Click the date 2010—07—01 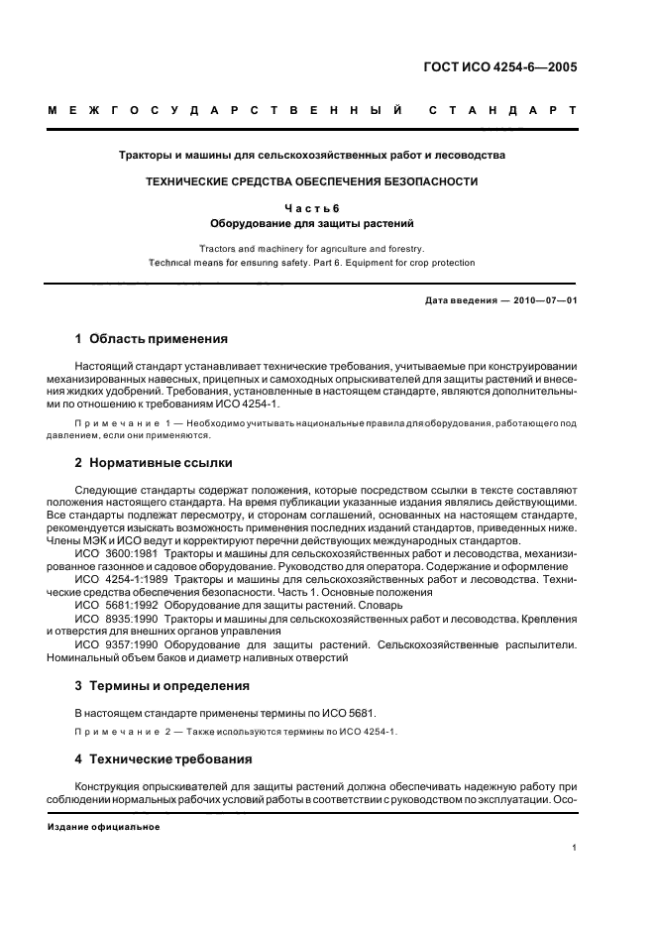[x=540, y=300]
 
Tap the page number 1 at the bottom [x=575, y=848]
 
